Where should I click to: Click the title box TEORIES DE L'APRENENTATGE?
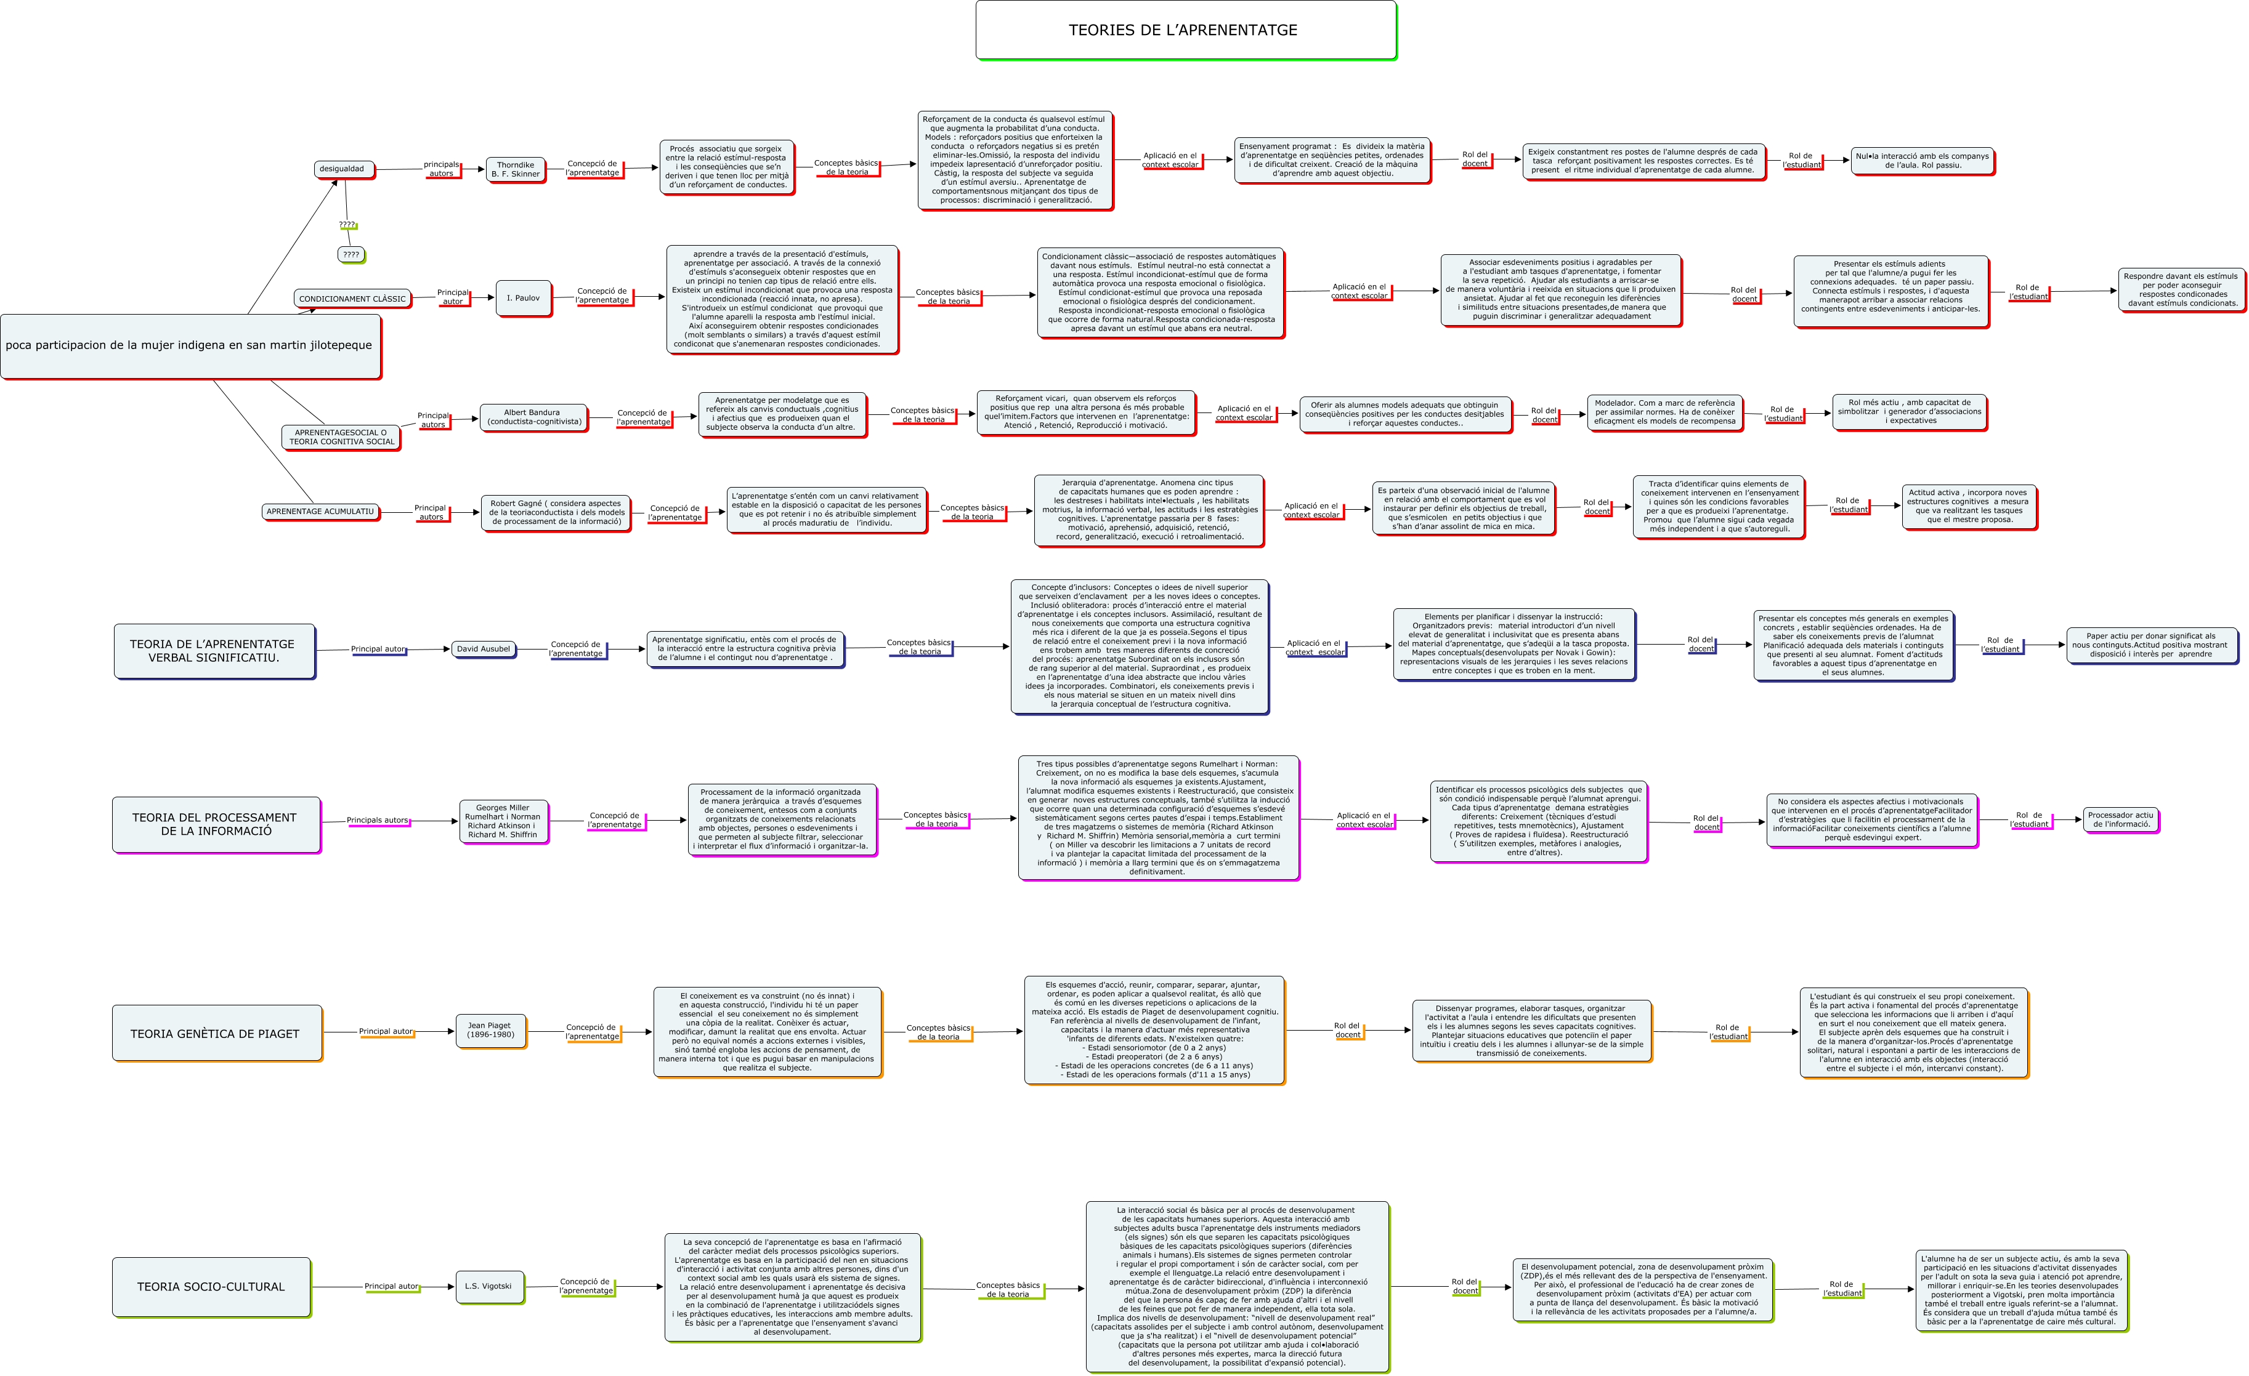click(x=1185, y=30)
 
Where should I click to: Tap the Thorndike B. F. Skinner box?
click(x=516, y=170)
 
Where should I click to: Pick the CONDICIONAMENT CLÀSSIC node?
click(x=352, y=299)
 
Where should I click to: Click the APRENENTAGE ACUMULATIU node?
click(x=320, y=512)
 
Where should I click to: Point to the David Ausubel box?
click(x=483, y=649)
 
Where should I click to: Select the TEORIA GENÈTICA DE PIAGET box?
click(x=216, y=1034)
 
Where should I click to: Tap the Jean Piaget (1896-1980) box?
click(x=490, y=1030)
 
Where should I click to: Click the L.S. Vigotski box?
click(x=489, y=1287)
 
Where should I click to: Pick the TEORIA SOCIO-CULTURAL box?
click(x=211, y=1287)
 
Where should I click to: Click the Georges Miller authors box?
click(x=503, y=821)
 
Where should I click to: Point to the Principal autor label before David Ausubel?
click(x=378, y=650)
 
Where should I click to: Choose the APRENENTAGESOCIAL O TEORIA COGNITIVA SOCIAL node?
click(x=341, y=437)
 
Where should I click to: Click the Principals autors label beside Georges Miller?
click(x=377, y=820)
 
